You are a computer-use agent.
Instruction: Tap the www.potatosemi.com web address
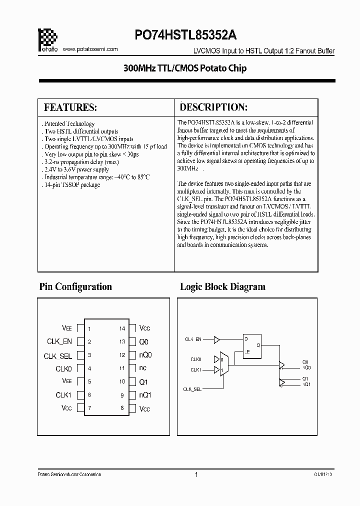[91, 49]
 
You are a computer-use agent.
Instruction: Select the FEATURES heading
[70, 107]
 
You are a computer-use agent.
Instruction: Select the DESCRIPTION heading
[213, 107]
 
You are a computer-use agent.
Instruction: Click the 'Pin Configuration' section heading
[75, 286]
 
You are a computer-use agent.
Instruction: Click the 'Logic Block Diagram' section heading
[222, 286]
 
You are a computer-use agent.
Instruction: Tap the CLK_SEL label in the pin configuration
[58, 356]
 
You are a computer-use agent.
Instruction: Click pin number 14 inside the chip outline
[122, 328]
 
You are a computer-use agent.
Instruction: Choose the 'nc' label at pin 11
[143, 368]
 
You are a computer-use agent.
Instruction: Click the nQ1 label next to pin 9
[145, 395]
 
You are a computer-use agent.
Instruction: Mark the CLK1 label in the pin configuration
[64, 395]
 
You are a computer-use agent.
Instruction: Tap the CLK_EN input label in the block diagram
[193, 339]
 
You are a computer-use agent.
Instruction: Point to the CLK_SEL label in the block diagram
[192, 388]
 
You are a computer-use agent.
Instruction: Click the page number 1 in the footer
[196, 474]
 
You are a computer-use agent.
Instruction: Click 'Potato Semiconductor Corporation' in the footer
[69, 474]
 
